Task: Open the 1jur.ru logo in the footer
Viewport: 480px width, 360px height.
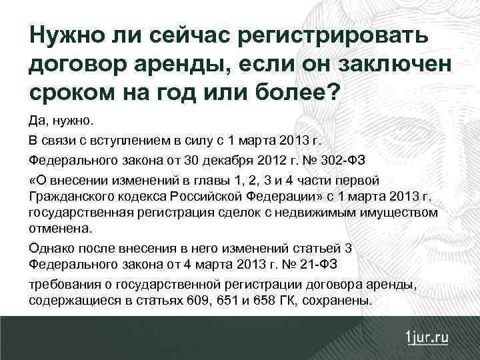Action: pos(425,337)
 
